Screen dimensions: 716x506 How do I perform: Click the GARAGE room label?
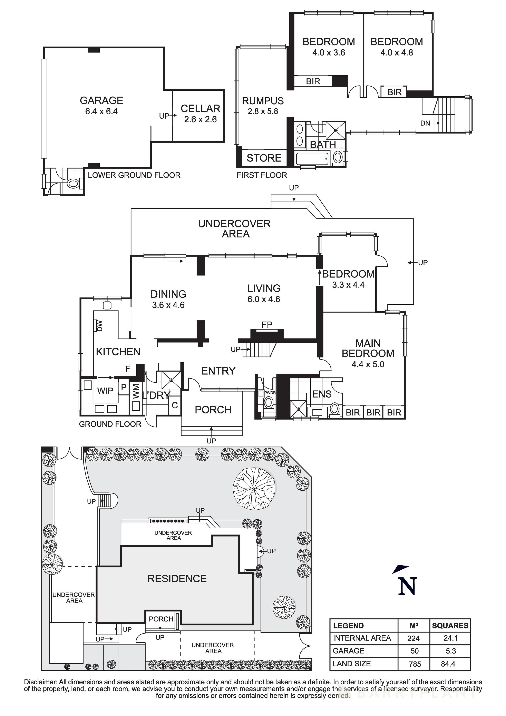(101, 100)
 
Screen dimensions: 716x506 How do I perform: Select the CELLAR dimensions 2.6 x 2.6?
(200, 119)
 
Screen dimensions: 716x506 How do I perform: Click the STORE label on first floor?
(264, 158)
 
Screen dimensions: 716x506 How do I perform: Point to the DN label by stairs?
(425, 123)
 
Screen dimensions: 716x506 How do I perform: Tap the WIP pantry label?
(105, 391)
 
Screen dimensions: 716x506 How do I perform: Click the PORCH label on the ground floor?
(213, 410)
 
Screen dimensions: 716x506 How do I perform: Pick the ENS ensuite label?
(322, 394)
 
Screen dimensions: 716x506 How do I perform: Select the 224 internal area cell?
(413, 638)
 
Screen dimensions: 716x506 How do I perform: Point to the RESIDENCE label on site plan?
(177, 579)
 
